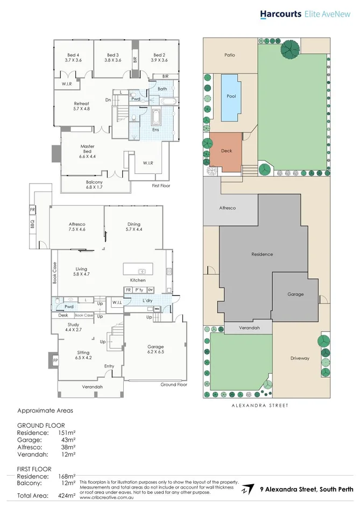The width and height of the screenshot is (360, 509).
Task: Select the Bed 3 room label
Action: [112, 58]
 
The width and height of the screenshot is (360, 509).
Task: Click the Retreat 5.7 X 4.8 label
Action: [81, 106]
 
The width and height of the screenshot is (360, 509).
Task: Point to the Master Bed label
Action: [87, 151]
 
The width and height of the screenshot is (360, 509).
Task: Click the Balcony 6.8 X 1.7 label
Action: [94, 185]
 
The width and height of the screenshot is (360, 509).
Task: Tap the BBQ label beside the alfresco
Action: [32, 222]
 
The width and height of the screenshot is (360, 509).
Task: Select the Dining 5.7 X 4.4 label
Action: [133, 227]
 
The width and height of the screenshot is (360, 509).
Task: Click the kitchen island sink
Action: [142, 271]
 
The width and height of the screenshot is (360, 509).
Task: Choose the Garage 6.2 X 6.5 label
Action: [156, 350]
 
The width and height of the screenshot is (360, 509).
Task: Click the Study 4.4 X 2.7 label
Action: [73, 327]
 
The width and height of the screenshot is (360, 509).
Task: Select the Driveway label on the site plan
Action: [300, 358]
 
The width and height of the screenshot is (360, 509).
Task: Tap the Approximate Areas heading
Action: [45, 411]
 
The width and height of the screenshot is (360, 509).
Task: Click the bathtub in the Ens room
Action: [156, 117]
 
